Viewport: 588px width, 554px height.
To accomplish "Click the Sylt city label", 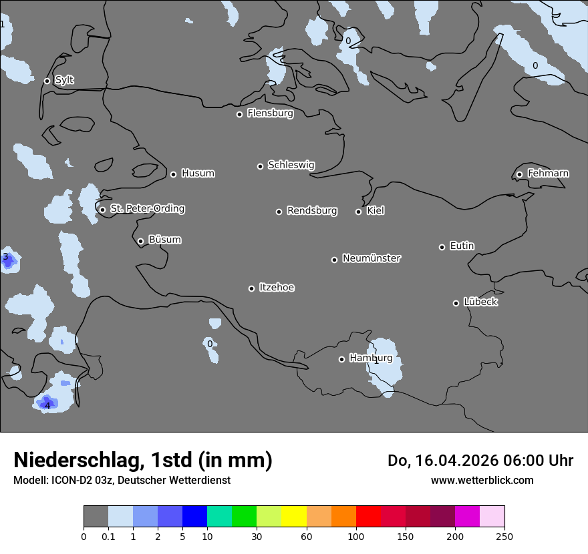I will click(x=64, y=80).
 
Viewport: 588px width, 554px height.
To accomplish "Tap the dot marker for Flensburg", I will click(x=239, y=114).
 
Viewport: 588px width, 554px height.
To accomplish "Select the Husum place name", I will click(x=198, y=174).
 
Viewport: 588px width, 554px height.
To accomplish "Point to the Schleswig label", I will click(x=291, y=165).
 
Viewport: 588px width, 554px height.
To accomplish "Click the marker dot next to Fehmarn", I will click(x=519, y=174).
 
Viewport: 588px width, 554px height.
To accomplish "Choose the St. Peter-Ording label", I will click(x=147, y=209).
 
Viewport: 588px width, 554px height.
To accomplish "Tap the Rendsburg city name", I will click(x=312, y=211).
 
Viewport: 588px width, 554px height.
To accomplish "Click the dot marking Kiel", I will click(x=358, y=212).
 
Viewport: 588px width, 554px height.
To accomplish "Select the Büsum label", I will click(x=164, y=240).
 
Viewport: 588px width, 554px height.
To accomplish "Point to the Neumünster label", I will click(x=372, y=258).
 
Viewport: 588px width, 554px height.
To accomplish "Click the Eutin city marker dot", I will click(x=442, y=247).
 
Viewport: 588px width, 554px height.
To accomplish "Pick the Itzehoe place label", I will click(x=277, y=288).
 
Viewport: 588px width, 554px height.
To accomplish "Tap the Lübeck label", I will click(x=480, y=302).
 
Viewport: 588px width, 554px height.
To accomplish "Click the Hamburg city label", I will click(x=371, y=358).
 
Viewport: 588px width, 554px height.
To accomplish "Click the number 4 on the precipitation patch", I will click(x=47, y=405).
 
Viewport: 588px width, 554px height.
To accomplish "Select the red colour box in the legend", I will click(x=368, y=517).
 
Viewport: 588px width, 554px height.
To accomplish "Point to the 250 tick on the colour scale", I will click(x=504, y=536).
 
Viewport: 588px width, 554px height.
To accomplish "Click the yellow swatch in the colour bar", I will click(x=294, y=517).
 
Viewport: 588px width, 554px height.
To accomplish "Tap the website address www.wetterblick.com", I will click(x=482, y=481).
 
